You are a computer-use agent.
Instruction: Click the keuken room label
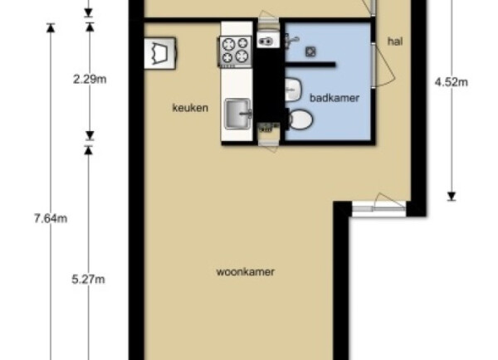190,108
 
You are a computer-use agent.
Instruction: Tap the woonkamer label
245,272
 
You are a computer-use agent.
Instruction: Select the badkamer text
334,98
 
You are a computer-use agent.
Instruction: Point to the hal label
395,41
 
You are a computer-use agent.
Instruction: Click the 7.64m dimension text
51,219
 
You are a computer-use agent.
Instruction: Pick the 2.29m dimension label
90,79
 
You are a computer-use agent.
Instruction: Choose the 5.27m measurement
88,280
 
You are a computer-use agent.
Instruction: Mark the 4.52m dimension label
452,82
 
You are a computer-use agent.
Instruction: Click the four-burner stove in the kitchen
235,51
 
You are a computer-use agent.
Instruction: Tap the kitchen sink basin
238,114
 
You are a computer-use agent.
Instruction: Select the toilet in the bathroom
300,119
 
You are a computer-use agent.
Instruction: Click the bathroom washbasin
293,90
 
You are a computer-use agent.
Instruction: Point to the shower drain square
310,51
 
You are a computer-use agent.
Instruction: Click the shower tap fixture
291,41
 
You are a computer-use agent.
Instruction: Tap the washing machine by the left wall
159,53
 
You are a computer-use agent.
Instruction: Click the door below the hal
379,203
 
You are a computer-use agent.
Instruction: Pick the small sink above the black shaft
268,40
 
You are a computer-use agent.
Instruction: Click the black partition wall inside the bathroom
310,65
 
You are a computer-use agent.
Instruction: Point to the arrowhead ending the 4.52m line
452,197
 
